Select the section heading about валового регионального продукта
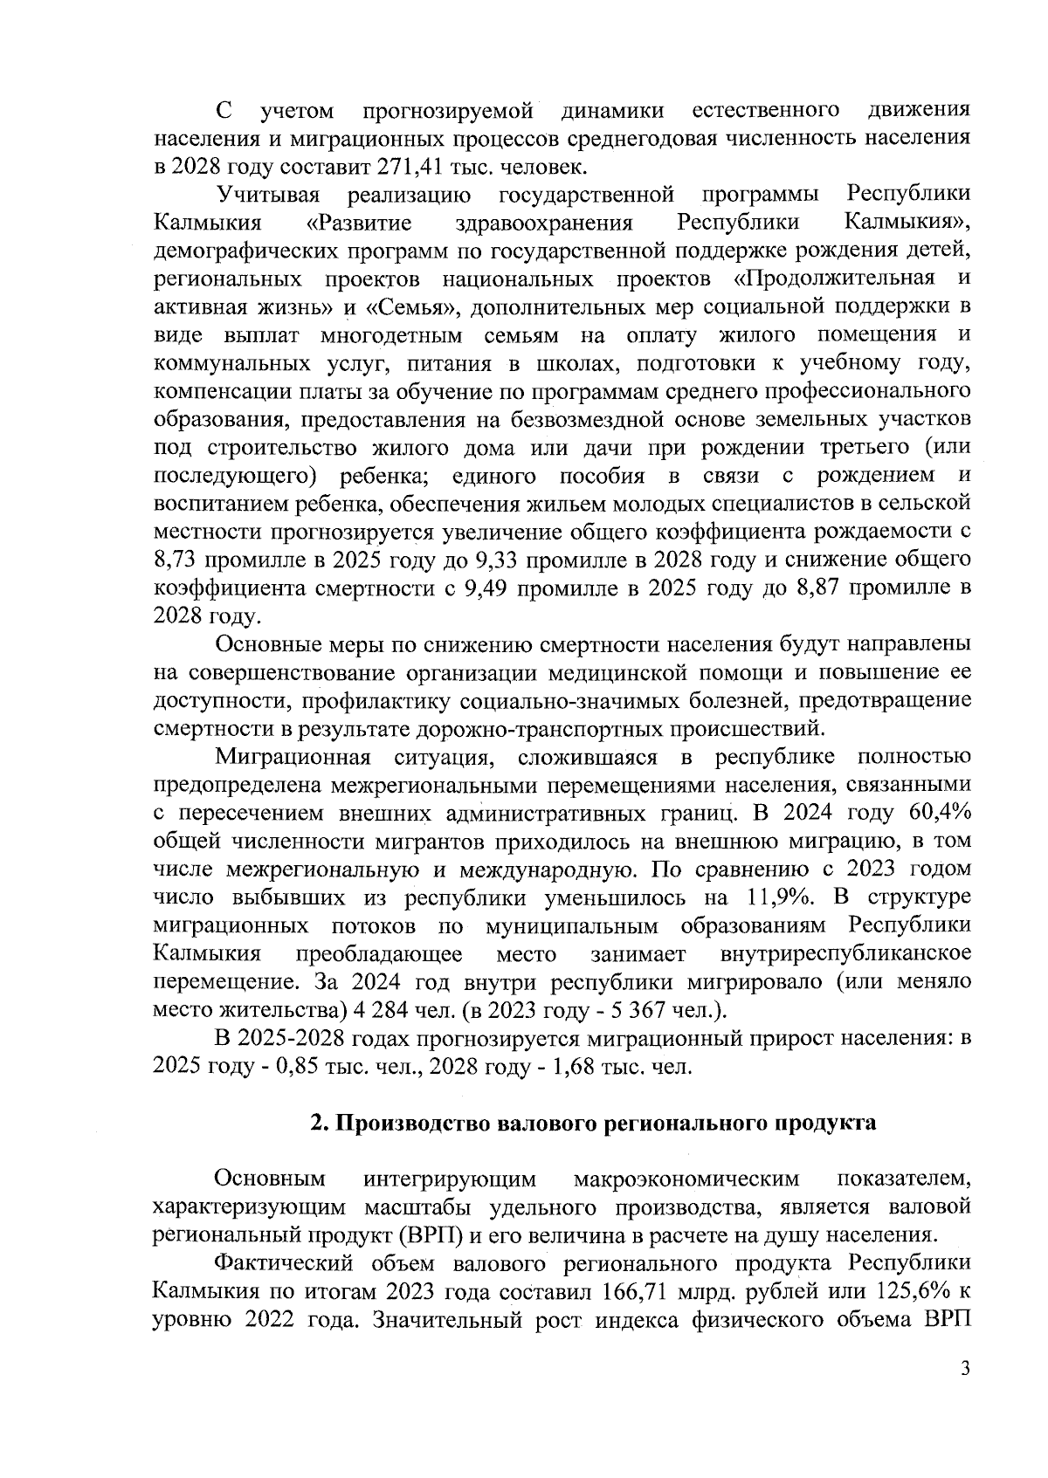(594, 1123)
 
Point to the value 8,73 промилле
(179, 560)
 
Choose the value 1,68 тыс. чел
(576, 1067)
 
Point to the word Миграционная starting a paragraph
(293, 756)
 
